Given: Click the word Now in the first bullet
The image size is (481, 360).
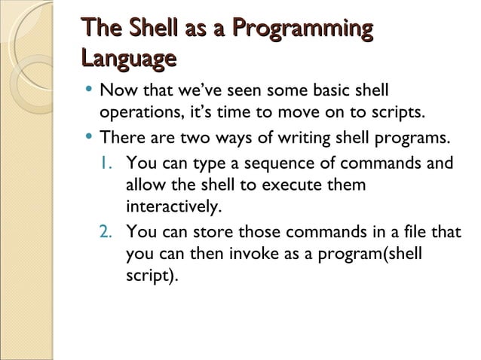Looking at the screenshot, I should (x=115, y=92).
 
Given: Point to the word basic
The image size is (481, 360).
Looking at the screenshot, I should (x=326, y=92).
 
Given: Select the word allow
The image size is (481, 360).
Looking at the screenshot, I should (x=145, y=185).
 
